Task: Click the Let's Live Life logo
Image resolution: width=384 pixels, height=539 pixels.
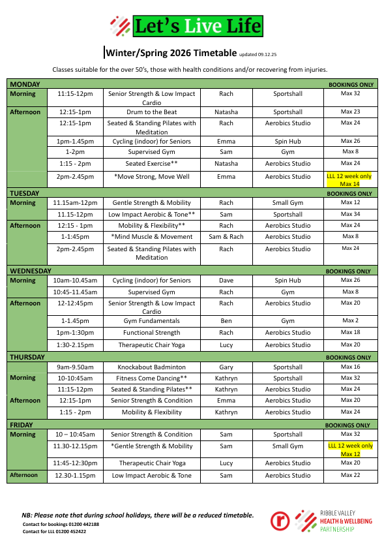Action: [x=186, y=26]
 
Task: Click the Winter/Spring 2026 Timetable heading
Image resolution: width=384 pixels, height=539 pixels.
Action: [x=171, y=53]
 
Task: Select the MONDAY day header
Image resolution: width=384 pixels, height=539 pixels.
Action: [x=25, y=84]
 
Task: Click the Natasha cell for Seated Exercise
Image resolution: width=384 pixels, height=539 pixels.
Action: [x=226, y=164]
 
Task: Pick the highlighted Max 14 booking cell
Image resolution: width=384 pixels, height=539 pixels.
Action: [x=350, y=180]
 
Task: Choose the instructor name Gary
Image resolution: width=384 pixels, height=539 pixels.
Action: [x=226, y=367]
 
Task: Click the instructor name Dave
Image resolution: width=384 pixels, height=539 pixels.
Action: [x=226, y=281]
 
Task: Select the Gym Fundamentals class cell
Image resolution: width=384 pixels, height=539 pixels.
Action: [x=151, y=321]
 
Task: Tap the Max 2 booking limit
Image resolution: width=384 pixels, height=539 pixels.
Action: [x=350, y=320]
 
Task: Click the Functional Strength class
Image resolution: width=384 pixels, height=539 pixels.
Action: [x=151, y=333]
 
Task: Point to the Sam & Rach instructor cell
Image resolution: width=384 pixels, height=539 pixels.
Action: [x=226, y=237]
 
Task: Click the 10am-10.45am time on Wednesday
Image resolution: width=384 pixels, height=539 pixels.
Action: [x=75, y=281]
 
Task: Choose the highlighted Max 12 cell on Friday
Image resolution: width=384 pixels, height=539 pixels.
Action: [x=350, y=450]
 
